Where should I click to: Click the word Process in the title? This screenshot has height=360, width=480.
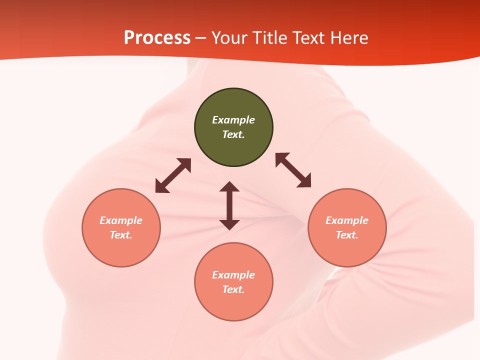(157, 38)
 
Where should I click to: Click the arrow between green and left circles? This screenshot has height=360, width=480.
(173, 175)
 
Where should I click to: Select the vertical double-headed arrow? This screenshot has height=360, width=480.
(229, 205)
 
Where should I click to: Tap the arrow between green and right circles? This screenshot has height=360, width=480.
(293, 170)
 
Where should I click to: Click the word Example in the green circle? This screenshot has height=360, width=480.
(233, 120)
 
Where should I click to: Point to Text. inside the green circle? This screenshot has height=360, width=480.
(233, 134)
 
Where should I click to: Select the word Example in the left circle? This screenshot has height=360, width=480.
(121, 220)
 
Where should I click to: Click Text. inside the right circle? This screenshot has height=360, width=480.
(347, 235)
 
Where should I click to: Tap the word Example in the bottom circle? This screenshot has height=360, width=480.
(233, 275)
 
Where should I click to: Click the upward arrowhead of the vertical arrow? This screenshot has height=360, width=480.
(229, 186)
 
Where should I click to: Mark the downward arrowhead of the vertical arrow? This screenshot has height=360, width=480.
(229, 224)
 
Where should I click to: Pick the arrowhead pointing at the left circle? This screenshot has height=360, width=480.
(160, 187)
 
